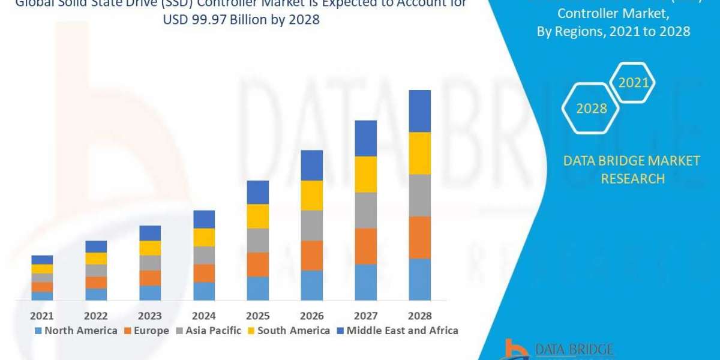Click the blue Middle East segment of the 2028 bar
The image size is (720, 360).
click(x=420, y=111)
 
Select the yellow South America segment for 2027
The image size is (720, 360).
click(x=366, y=174)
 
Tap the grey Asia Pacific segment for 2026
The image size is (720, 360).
click(x=312, y=225)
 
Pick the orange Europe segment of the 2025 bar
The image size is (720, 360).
click(x=258, y=264)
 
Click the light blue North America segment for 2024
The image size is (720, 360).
click(x=204, y=291)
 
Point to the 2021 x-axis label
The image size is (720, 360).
click(x=42, y=316)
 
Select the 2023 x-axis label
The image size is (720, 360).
click(x=150, y=316)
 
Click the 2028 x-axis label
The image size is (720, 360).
click(x=420, y=316)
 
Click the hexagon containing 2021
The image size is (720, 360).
click(x=634, y=83)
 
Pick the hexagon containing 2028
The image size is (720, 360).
click(x=591, y=109)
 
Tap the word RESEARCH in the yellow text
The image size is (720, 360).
click(x=632, y=178)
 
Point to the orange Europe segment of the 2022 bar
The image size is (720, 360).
click(x=96, y=282)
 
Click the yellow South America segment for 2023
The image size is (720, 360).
click(x=150, y=248)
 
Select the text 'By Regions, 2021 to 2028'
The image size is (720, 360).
click(x=613, y=32)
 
